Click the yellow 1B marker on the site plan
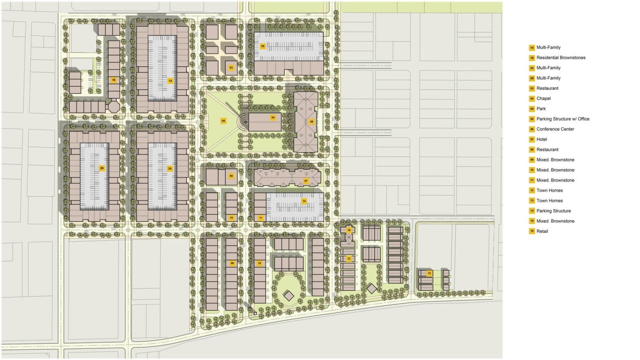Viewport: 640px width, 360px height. (x=113, y=79)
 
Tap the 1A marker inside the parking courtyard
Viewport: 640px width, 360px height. (x=170, y=81)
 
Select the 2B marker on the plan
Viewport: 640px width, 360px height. (x=102, y=168)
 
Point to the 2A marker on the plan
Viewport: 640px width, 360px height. (x=170, y=169)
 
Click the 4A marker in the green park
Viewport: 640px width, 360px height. (x=223, y=121)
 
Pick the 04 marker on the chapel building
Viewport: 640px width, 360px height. (x=273, y=118)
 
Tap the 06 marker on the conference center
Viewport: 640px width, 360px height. (x=311, y=122)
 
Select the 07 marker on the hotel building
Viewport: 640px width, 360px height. (x=306, y=181)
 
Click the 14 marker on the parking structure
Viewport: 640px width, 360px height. (x=304, y=201)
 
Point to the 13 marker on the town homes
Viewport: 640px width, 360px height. (x=429, y=273)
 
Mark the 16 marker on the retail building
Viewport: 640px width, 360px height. (x=349, y=230)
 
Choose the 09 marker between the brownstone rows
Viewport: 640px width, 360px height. (x=232, y=263)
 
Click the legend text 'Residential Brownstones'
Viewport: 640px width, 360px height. (x=561, y=58)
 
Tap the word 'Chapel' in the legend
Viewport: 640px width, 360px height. (x=543, y=98)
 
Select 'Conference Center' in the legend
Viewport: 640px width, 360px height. (x=555, y=129)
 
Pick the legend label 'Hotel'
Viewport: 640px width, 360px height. (x=542, y=139)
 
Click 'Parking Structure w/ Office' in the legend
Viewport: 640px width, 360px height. (x=563, y=119)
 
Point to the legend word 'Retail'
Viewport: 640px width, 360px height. (x=542, y=231)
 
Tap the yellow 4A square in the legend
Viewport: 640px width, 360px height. (x=532, y=109)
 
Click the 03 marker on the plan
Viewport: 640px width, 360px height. (x=231, y=68)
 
